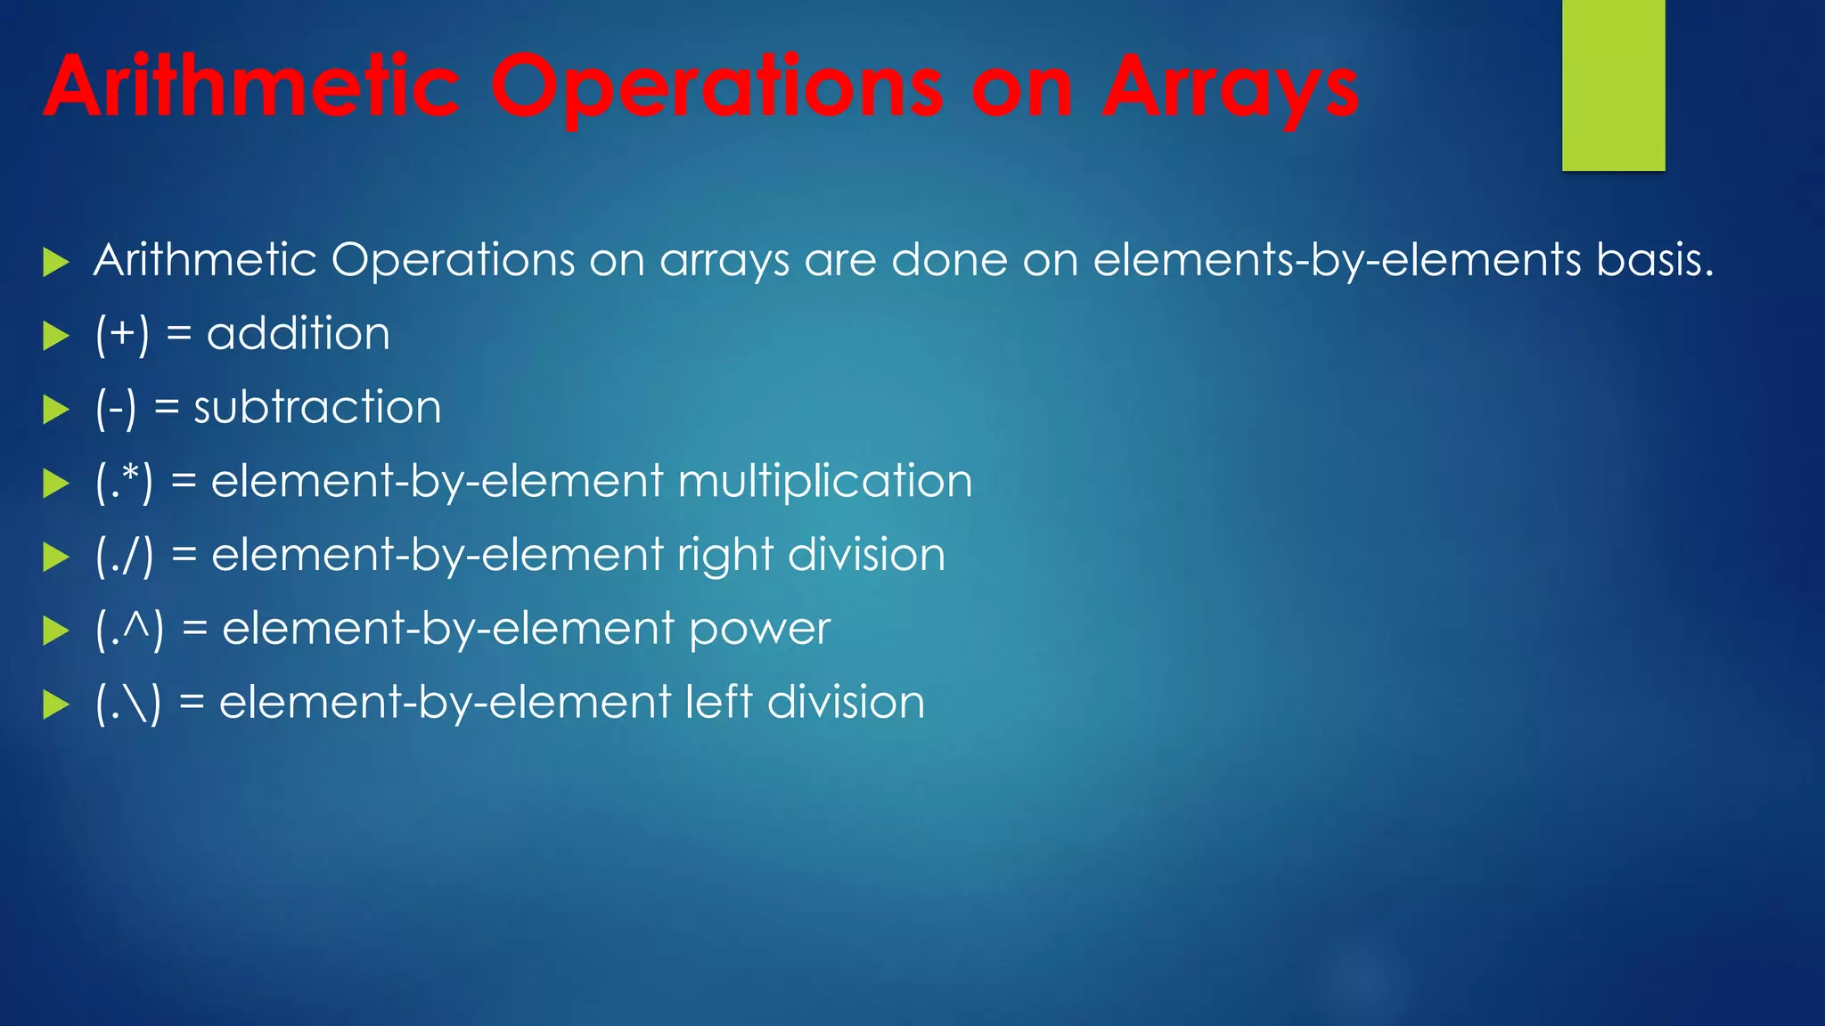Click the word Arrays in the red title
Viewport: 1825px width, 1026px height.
pyautogui.click(x=1231, y=89)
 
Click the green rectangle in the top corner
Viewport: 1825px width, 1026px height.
pyautogui.click(x=1613, y=85)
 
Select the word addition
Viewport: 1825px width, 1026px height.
pyautogui.click(x=299, y=334)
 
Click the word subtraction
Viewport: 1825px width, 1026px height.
pyautogui.click(x=317, y=408)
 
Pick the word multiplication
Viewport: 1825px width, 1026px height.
pyautogui.click(x=825, y=482)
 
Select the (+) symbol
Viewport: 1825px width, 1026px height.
pyautogui.click(x=122, y=334)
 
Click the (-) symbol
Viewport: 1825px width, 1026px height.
pyautogui.click(x=116, y=408)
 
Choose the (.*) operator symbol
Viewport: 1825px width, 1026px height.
pyautogui.click(x=124, y=482)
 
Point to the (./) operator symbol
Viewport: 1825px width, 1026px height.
pyautogui.click(x=124, y=556)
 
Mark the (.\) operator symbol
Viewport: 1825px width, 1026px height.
pyautogui.click(x=128, y=704)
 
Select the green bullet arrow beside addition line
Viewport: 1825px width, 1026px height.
pyautogui.click(x=56, y=336)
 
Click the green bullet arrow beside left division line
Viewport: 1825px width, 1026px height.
pyautogui.click(x=56, y=705)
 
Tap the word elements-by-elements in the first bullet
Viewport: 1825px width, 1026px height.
pyautogui.click(x=1337, y=260)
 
